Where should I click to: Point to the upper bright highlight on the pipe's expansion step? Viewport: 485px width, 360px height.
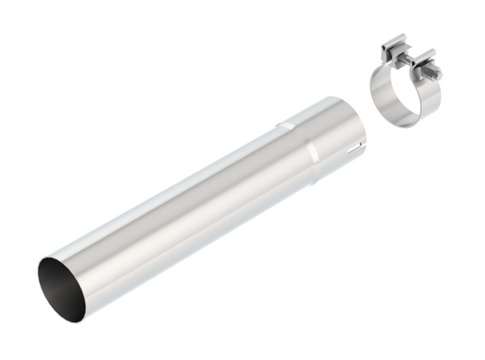285,125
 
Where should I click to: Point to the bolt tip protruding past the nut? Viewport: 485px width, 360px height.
439,74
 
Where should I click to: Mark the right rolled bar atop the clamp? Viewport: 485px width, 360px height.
424,58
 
